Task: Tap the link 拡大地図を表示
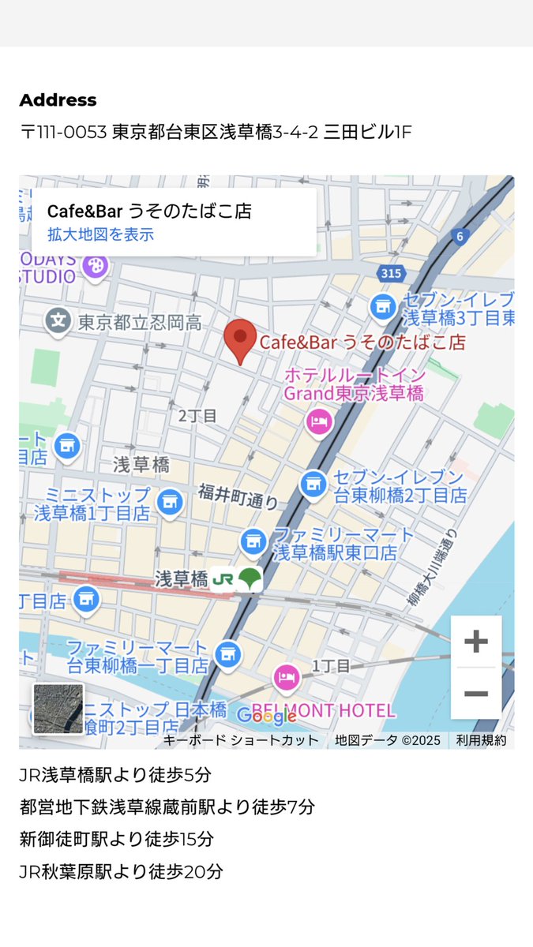[x=100, y=234]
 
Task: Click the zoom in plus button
[x=475, y=642]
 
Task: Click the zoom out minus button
[x=475, y=694]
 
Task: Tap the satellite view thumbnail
[x=58, y=709]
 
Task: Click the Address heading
[x=58, y=100]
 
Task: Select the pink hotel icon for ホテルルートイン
[x=318, y=421]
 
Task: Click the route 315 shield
[x=390, y=274]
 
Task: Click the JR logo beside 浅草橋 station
[x=223, y=578]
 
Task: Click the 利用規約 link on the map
[x=481, y=740]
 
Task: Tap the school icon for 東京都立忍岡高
[x=58, y=321]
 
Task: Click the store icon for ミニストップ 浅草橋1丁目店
[x=168, y=501]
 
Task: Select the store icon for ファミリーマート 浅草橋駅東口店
[x=253, y=541]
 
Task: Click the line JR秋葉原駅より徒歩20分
[x=121, y=871]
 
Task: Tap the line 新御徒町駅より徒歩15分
[x=116, y=839]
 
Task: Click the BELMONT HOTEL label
[x=332, y=710]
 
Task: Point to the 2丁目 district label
[x=197, y=416]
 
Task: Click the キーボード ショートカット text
[x=241, y=740]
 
